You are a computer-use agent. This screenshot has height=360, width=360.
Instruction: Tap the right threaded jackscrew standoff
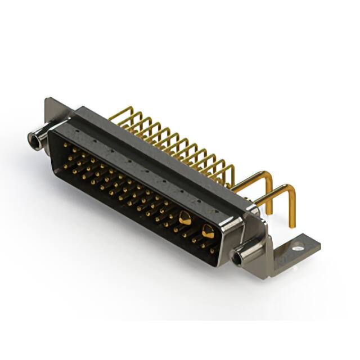click(243, 256)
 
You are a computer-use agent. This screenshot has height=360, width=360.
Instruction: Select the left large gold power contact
click(184, 217)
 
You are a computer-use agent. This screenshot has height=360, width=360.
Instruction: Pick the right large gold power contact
click(208, 229)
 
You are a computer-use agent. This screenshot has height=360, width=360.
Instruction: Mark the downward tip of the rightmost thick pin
click(292, 225)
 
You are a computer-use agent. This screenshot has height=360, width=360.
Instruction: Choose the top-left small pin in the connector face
click(66, 146)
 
